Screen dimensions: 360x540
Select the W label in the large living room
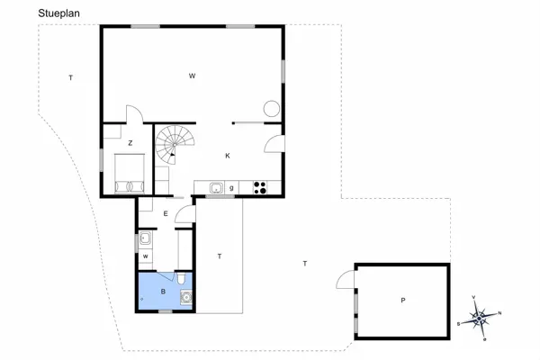pyautogui.click(x=192, y=76)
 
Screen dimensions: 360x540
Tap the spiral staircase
pyautogui.click(x=174, y=144)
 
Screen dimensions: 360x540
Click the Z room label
pyautogui.click(x=130, y=143)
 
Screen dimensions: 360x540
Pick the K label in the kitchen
pyautogui.click(x=228, y=156)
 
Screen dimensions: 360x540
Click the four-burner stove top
pyautogui.click(x=261, y=188)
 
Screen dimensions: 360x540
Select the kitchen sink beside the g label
pyautogui.click(x=216, y=188)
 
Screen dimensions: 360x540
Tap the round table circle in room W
pyautogui.click(x=270, y=110)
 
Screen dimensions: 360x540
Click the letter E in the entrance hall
pyautogui.click(x=166, y=213)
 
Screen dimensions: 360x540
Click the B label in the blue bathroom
pyautogui.click(x=163, y=292)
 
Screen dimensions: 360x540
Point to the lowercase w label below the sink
pyautogui.click(x=144, y=256)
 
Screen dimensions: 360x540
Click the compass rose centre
pyautogui.click(x=480, y=317)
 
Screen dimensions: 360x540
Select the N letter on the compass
pyautogui.click(x=500, y=313)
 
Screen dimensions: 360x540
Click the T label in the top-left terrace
pyautogui.click(x=70, y=78)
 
